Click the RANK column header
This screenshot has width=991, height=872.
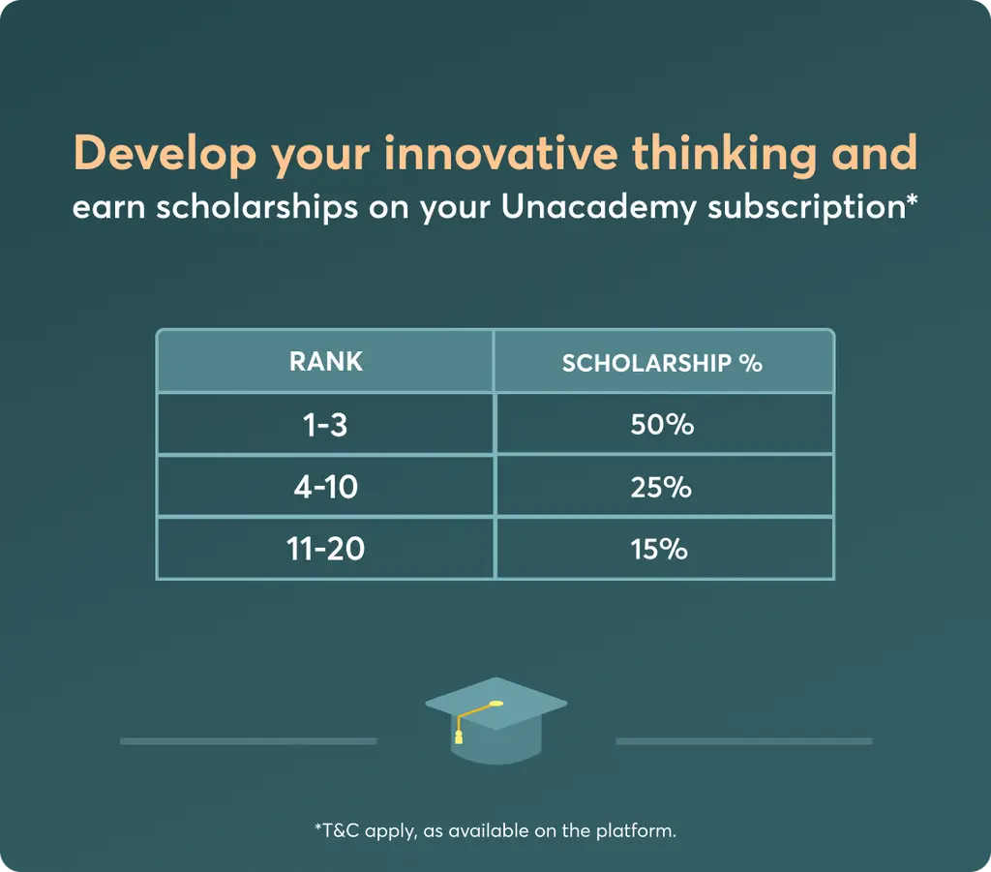tap(326, 361)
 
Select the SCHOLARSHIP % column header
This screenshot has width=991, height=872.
tap(662, 363)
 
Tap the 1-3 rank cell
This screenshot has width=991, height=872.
tap(325, 424)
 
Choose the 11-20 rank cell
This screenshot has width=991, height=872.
tap(325, 549)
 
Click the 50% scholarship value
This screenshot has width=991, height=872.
tap(662, 424)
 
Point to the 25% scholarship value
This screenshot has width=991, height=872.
tap(661, 487)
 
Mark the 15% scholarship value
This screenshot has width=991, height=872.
tap(658, 549)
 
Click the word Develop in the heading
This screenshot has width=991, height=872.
tap(165, 154)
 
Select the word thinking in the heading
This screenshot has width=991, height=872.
tap(725, 154)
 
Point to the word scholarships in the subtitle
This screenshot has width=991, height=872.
tap(257, 208)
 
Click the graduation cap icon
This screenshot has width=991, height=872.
tap(496, 720)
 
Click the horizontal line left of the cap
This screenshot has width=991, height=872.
tap(249, 741)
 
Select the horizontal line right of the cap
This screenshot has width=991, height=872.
tap(744, 741)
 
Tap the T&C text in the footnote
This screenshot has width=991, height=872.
tap(341, 830)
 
